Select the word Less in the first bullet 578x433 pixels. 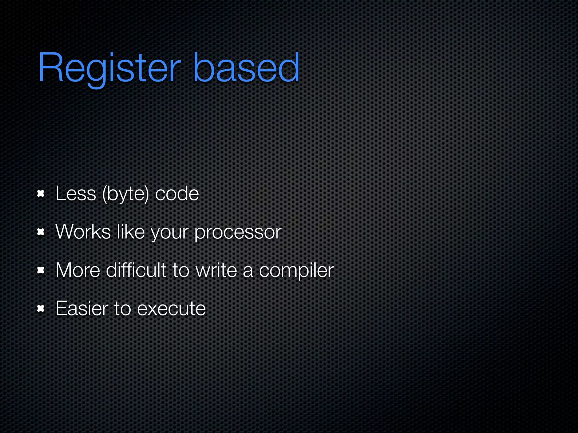click(76, 194)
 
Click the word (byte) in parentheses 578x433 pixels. click(125, 194)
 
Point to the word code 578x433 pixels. click(177, 194)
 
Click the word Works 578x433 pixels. click(83, 232)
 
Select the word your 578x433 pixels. click(169, 233)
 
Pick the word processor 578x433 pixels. click(238, 233)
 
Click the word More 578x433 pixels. click(78, 270)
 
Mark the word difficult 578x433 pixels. click(136, 270)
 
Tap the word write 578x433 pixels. click(216, 270)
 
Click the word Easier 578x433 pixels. click(82, 308)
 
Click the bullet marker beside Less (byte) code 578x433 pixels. click(41, 194)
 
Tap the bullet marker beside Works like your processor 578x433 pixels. click(41, 232)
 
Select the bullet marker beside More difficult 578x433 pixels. click(41, 270)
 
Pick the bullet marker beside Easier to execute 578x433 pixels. click(41, 309)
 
